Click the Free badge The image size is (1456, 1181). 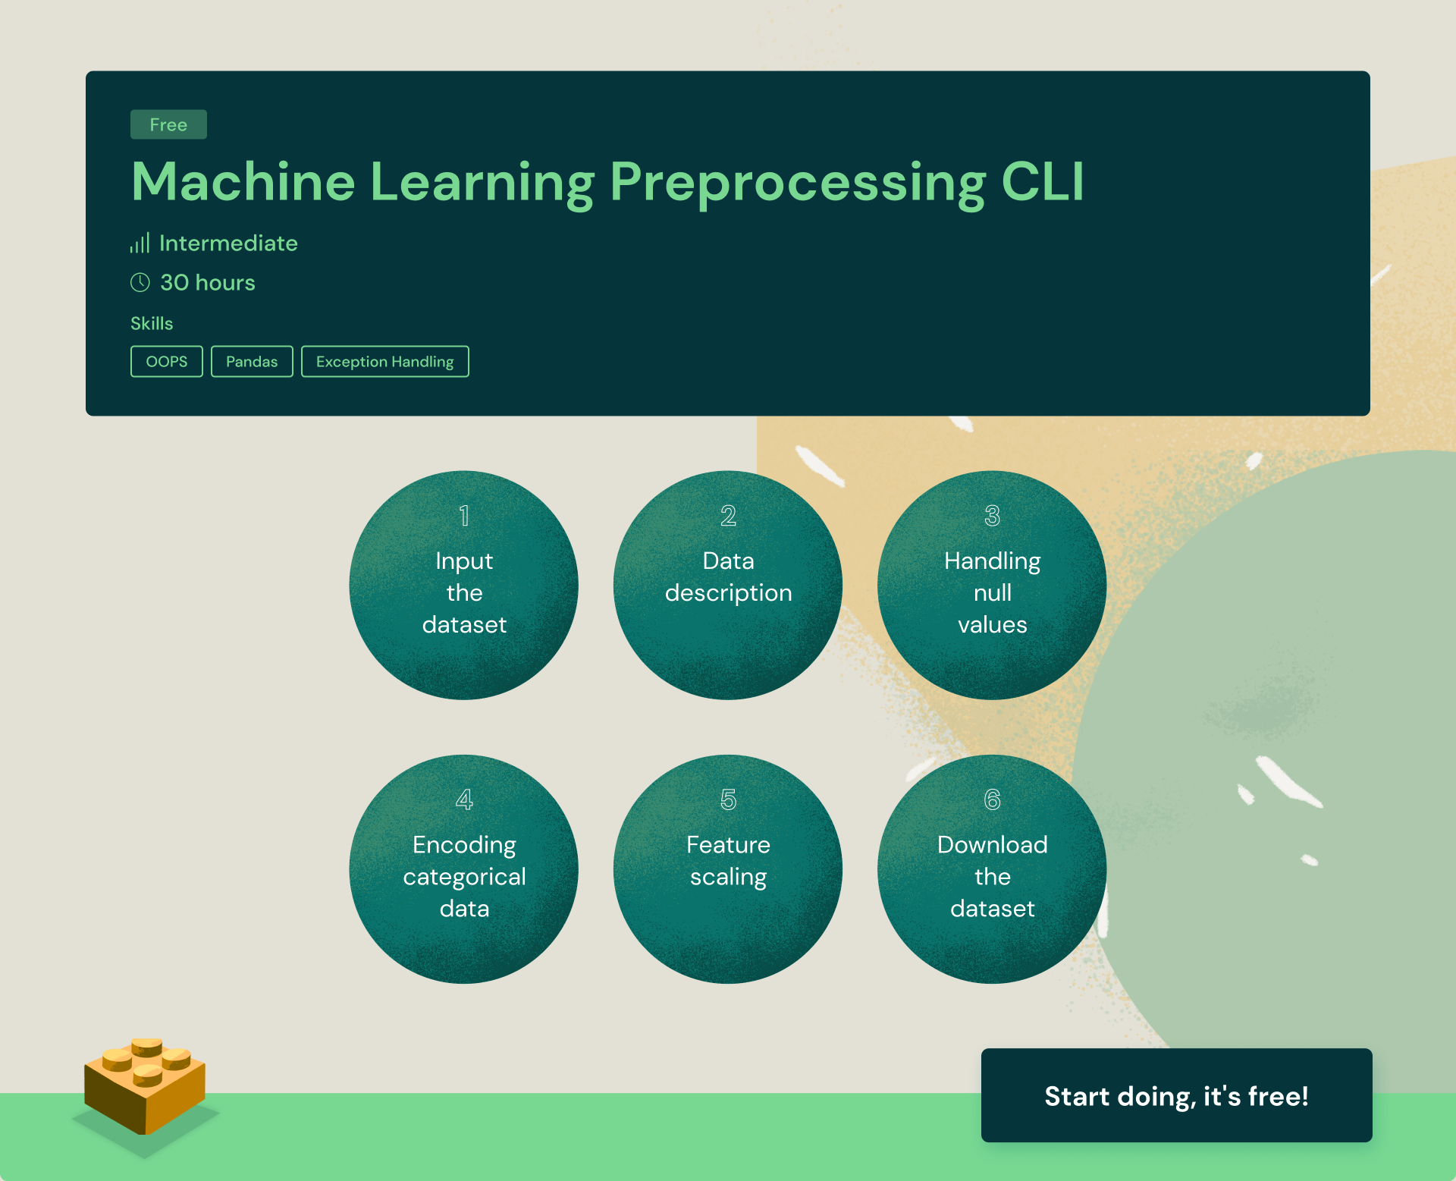[x=168, y=124]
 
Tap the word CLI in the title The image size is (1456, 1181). [x=1043, y=182]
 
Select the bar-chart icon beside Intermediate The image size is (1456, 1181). [x=140, y=243]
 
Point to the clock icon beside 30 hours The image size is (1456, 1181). [x=140, y=282]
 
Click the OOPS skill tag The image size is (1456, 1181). [x=167, y=362]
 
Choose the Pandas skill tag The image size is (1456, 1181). [x=252, y=362]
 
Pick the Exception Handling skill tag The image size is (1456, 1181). [x=385, y=362]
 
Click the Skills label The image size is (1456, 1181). [x=152, y=323]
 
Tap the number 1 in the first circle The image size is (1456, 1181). [x=464, y=516]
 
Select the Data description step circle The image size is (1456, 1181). [x=728, y=586]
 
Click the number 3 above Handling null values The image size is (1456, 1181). [x=992, y=516]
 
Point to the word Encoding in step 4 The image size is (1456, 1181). [x=464, y=844]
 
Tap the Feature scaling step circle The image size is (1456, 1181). [x=728, y=869]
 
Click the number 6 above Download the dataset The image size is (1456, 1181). [x=992, y=799]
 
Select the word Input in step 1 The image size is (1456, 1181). [x=464, y=561]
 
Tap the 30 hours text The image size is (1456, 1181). [x=208, y=282]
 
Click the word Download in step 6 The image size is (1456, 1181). [x=992, y=844]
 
